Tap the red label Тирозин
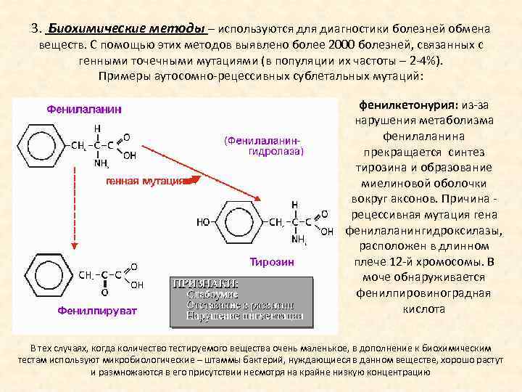click(x=272, y=261)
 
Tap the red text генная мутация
click(x=146, y=181)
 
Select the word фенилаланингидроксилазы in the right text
click(x=424, y=231)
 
